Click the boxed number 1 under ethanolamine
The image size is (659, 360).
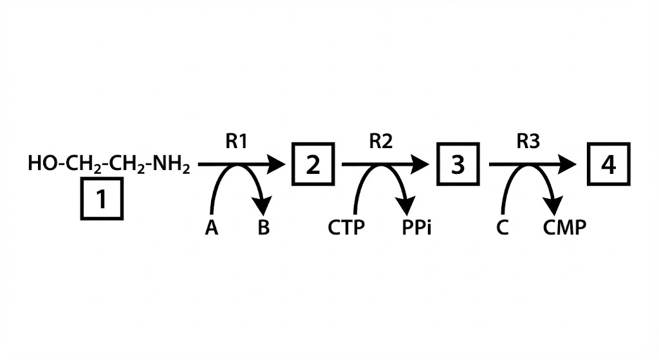(x=102, y=200)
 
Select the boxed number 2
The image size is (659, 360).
(x=313, y=166)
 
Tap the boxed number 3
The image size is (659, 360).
(x=458, y=166)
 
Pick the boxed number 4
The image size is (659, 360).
(x=608, y=166)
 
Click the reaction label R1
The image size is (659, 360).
(x=236, y=142)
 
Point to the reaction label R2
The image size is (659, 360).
(x=380, y=142)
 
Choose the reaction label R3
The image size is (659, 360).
(x=528, y=142)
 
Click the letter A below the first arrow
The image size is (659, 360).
(x=211, y=227)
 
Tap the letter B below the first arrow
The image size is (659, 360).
(x=263, y=227)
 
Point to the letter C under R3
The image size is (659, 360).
(x=503, y=227)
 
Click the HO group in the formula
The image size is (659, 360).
(x=40, y=165)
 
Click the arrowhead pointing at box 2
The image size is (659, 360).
(x=276, y=165)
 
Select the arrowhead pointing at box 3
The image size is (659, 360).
(x=420, y=165)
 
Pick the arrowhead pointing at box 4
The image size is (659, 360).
(x=568, y=165)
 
